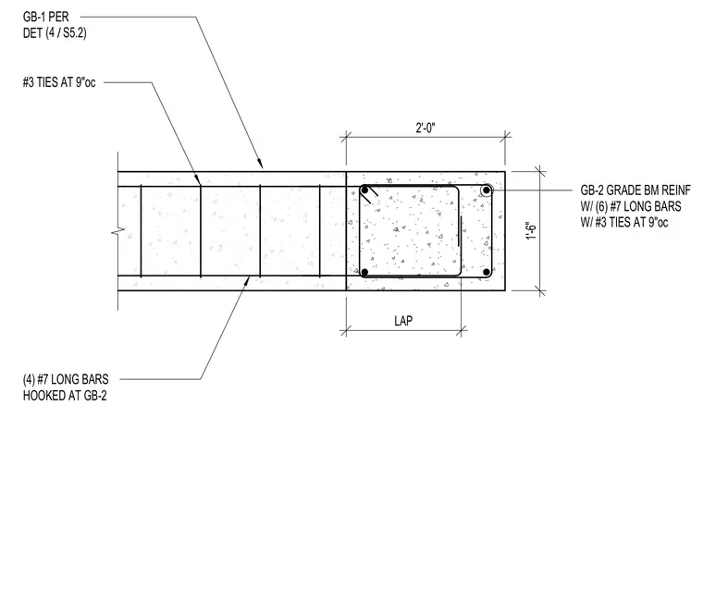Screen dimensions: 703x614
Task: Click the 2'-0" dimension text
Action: point(425,128)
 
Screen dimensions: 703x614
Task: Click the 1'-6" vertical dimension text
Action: point(531,231)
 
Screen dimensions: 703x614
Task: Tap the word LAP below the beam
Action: point(403,321)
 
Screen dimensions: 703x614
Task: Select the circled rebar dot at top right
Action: point(487,190)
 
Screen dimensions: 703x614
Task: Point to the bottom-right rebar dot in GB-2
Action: point(486,272)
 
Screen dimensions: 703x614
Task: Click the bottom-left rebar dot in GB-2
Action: point(364,272)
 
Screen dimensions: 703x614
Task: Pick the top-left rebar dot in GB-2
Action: point(364,190)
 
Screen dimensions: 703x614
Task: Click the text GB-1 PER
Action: point(45,17)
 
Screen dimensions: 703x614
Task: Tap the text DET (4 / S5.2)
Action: point(55,33)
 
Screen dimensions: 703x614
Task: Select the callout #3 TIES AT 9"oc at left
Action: point(59,82)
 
